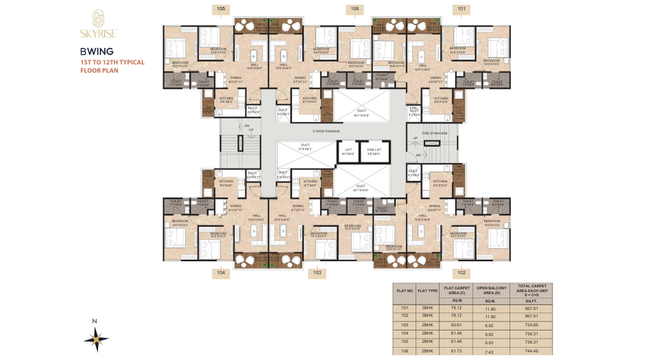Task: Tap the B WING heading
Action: (92, 51)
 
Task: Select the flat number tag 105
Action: (220, 9)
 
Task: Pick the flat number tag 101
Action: (461, 9)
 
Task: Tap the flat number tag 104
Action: (220, 272)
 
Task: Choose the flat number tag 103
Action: (316, 272)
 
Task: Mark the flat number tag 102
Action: (461, 272)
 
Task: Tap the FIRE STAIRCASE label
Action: (435, 133)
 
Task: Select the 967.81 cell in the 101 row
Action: (531, 309)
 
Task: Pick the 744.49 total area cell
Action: (531, 350)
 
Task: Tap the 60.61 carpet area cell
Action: (455, 325)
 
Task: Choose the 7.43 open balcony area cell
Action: (490, 350)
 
